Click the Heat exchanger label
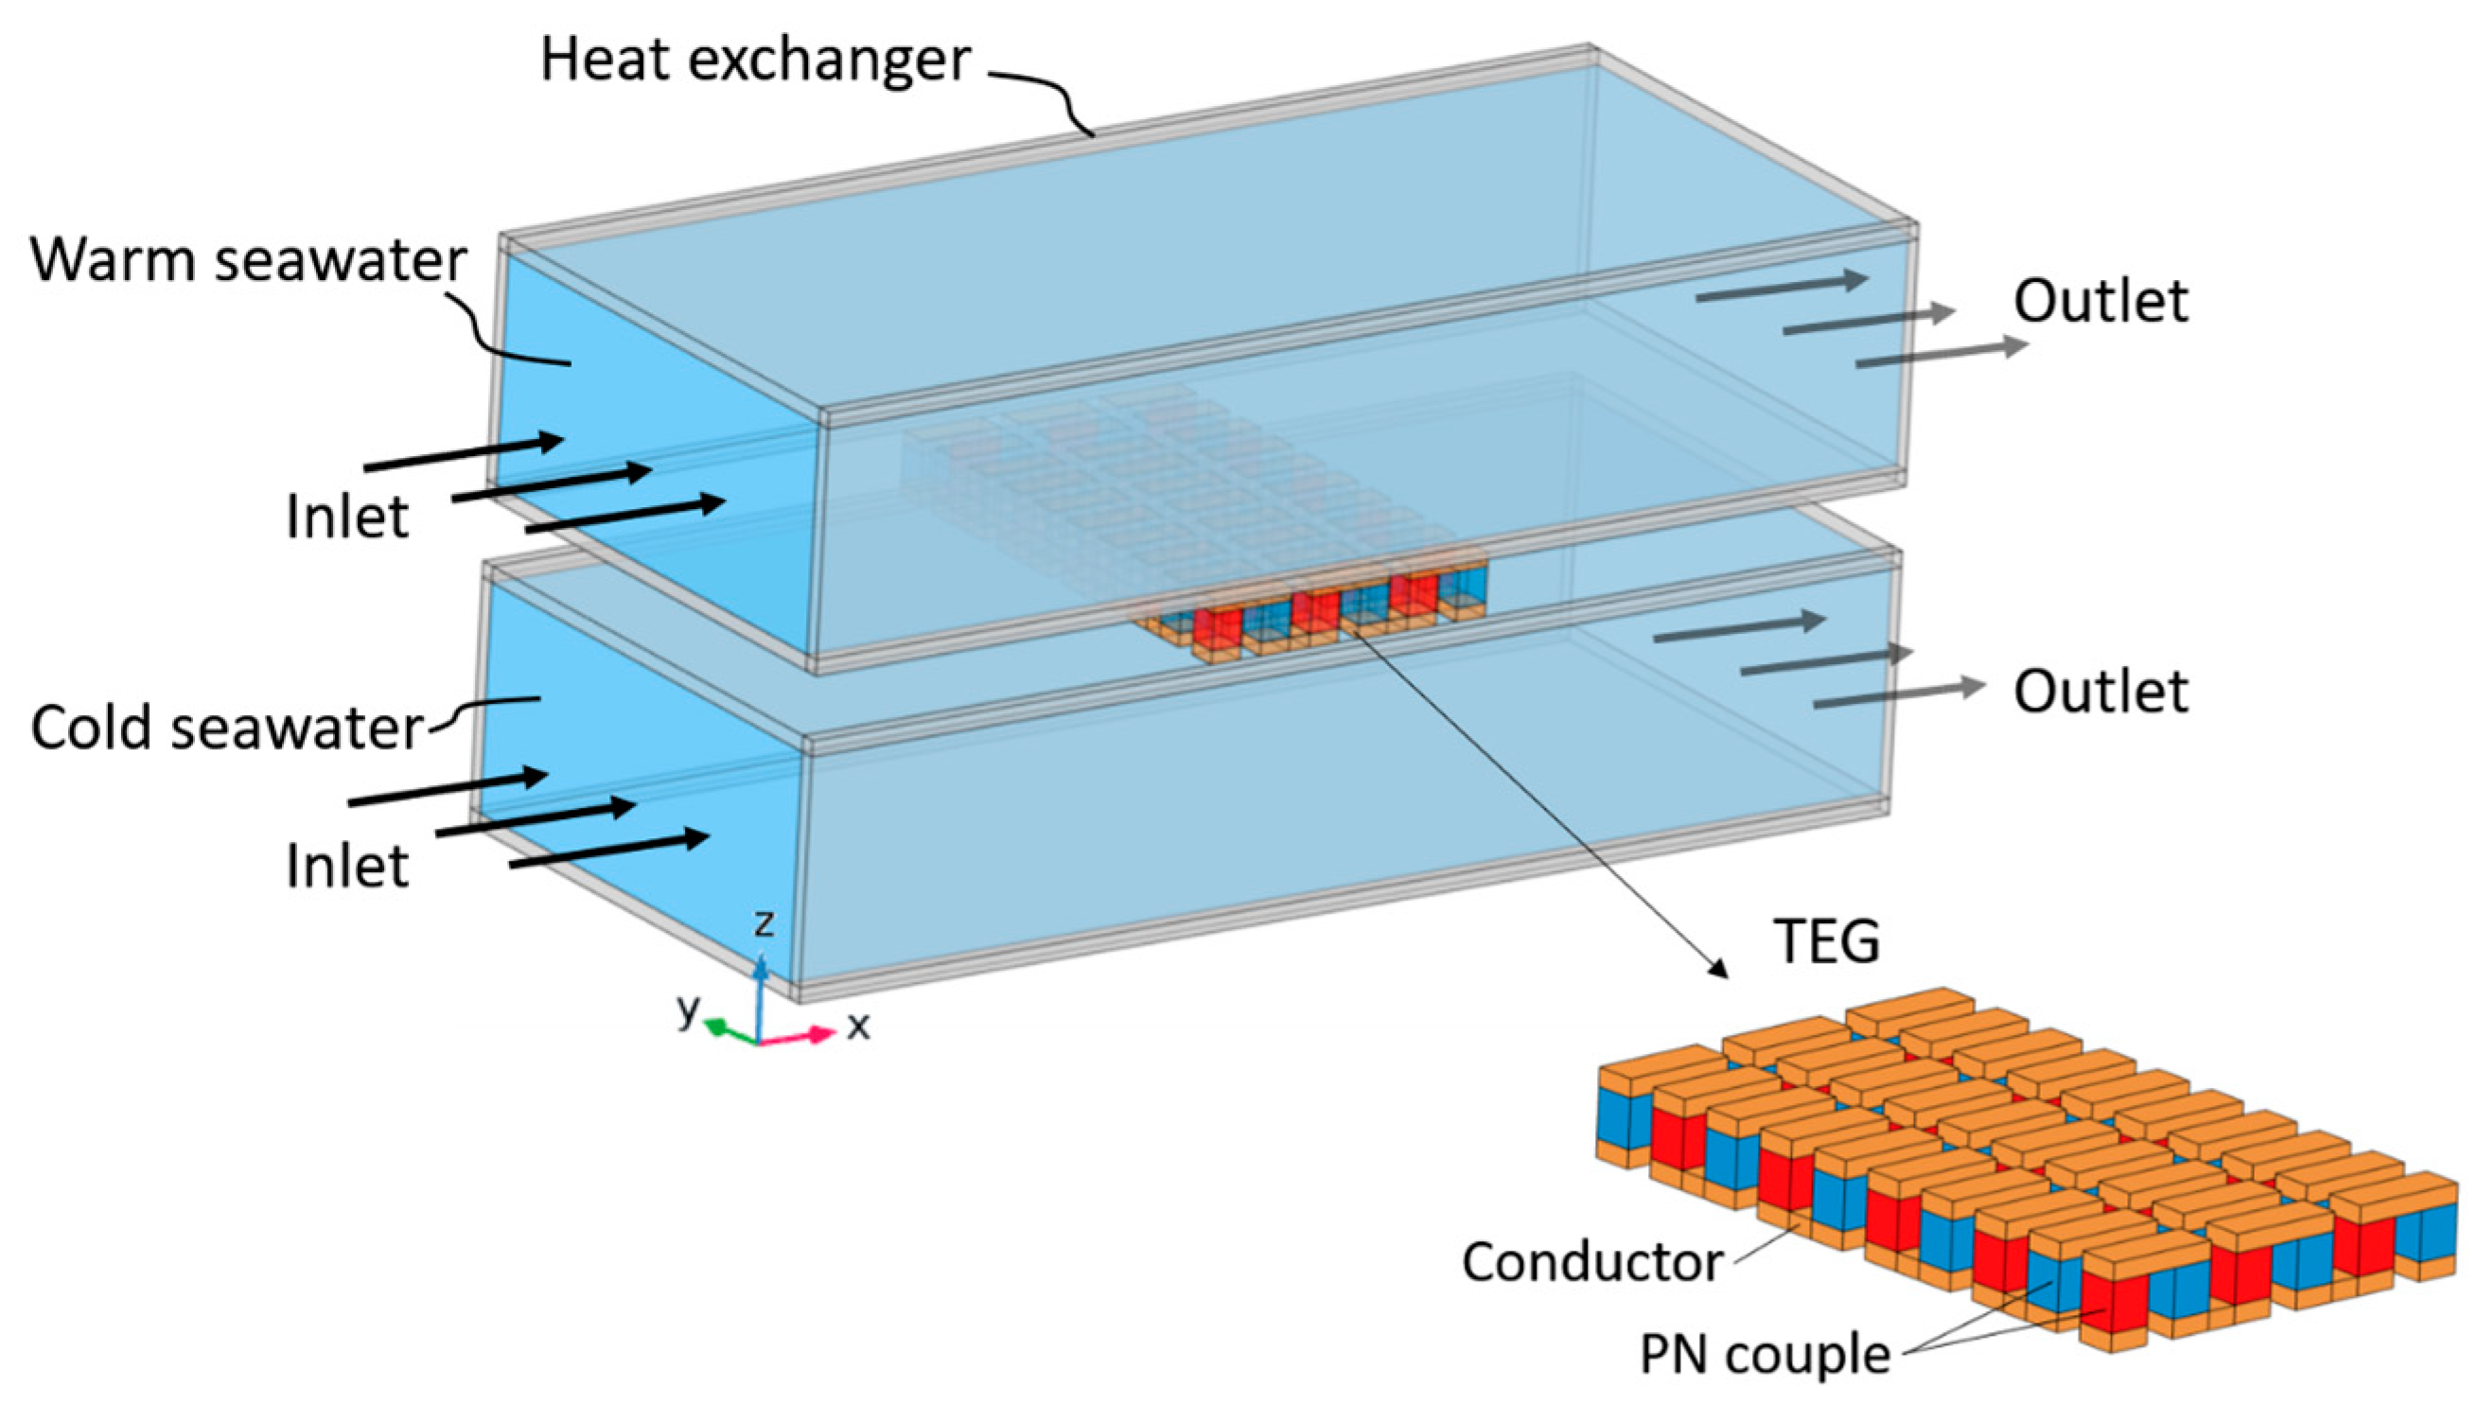click(x=755, y=61)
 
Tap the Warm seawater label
click(x=249, y=260)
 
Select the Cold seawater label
click(x=227, y=727)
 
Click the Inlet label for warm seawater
click(x=348, y=517)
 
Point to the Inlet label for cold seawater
click(x=348, y=866)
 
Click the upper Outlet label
click(x=2101, y=302)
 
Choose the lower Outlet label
click(x=2101, y=693)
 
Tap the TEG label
click(x=1827, y=942)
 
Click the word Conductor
click(x=1591, y=1262)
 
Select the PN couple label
click(x=1765, y=1355)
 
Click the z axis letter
click(x=764, y=922)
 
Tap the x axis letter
click(x=858, y=1026)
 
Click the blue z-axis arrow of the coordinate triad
click(x=761, y=993)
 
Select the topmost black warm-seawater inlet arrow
click(x=463, y=455)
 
